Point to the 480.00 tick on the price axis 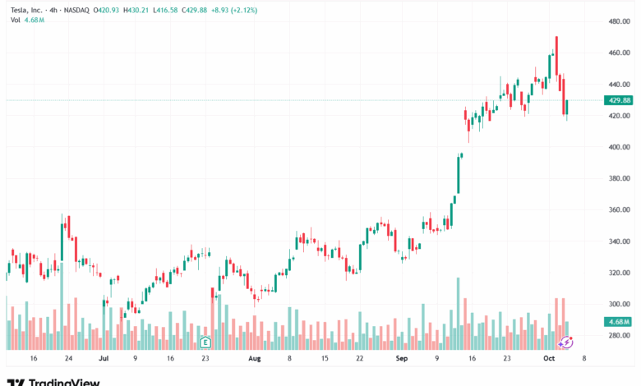point(618,21)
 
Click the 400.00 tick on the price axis point(618,147)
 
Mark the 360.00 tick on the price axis point(618,209)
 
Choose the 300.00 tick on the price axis point(618,304)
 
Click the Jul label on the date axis point(103,358)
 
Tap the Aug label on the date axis point(255,358)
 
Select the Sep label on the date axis point(401,358)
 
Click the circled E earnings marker point(205,341)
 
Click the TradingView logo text point(64,381)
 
